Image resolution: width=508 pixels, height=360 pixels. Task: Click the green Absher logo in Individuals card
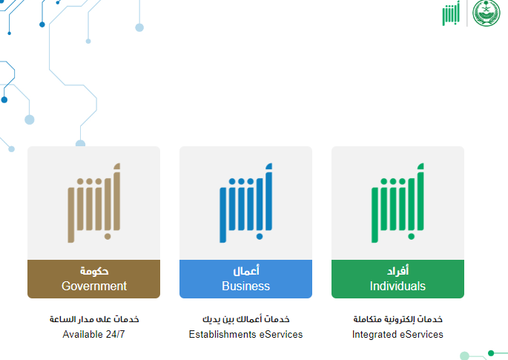pyautogui.click(x=398, y=203)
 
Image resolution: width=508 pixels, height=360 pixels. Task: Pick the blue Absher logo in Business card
pyautogui.click(x=245, y=203)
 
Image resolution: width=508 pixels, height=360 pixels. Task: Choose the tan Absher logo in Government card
pyautogui.click(x=93, y=203)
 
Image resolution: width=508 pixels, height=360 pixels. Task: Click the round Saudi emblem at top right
pyautogui.click(x=486, y=13)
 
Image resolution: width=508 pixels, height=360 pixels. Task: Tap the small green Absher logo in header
pyautogui.click(x=451, y=13)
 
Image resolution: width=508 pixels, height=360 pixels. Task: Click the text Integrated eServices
pyautogui.click(x=398, y=334)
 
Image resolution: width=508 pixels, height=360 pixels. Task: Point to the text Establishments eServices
pyautogui.click(x=245, y=334)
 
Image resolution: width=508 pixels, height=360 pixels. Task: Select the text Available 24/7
pyautogui.click(x=93, y=334)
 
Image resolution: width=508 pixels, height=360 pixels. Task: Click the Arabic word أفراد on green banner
pyautogui.click(x=398, y=270)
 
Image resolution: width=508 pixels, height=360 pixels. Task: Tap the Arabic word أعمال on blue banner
pyautogui.click(x=246, y=270)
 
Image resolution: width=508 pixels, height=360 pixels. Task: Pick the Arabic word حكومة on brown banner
pyautogui.click(x=94, y=271)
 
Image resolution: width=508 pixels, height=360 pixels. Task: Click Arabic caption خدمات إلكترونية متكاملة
pyautogui.click(x=398, y=319)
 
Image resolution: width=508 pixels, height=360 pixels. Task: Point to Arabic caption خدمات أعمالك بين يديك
pyautogui.click(x=246, y=319)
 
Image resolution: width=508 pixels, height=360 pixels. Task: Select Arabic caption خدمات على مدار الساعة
pyautogui.click(x=94, y=319)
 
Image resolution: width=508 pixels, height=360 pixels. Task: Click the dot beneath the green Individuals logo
pyautogui.click(x=411, y=237)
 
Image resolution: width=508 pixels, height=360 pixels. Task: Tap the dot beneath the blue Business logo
pyautogui.click(x=259, y=237)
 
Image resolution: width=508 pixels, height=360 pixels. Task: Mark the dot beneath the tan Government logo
pyautogui.click(x=108, y=237)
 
